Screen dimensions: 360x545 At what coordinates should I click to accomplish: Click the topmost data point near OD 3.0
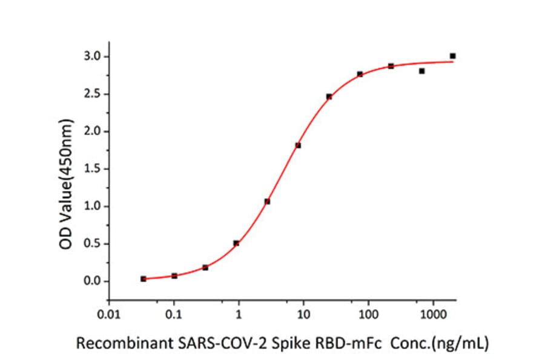(452, 56)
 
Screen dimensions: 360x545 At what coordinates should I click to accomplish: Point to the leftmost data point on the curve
(144, 279)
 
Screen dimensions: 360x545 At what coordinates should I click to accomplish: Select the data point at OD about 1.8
(298, 145)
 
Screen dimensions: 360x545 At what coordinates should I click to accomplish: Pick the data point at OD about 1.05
(267, 201)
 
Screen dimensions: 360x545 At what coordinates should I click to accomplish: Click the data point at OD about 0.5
(236, 243)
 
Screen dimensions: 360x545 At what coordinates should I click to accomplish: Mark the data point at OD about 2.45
(329, 96)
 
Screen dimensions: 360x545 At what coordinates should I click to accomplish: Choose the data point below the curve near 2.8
(421, 71)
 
